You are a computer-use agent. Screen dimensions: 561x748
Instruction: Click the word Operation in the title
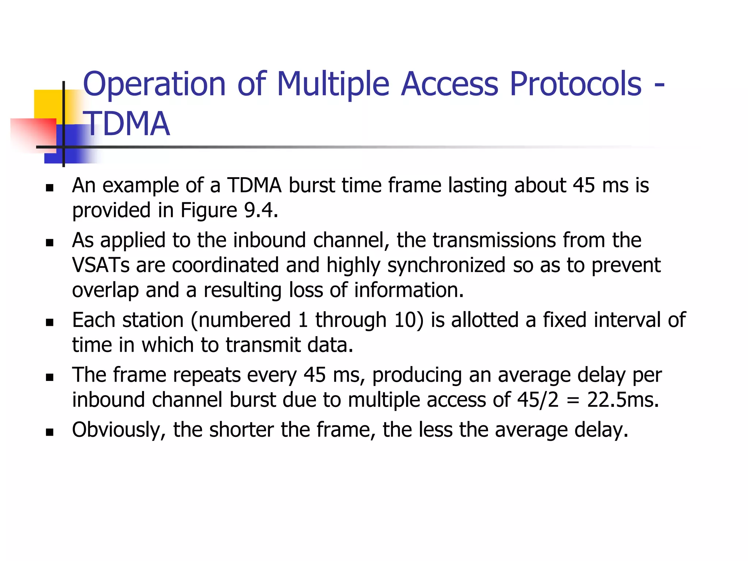(154, 85)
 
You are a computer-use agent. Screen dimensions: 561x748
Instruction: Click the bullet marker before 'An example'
(50, 188)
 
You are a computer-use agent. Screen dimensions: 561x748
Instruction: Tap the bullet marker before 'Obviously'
(50, 432)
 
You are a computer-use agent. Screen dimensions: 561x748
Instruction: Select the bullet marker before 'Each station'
(50, 323)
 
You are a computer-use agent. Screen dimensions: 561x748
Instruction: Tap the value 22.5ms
(623, 400)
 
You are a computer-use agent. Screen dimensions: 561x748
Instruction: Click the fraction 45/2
(538, 400)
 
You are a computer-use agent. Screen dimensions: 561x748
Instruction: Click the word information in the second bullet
(409, 290)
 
